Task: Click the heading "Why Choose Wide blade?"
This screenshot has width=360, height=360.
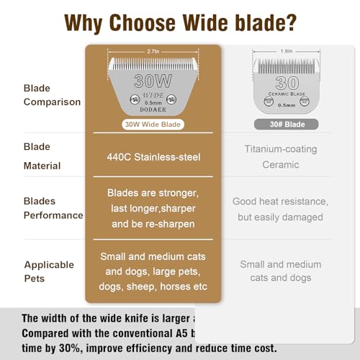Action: coord(179,22)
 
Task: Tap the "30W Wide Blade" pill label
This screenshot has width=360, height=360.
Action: coord(153,124)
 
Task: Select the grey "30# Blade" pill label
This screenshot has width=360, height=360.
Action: coord(279,124)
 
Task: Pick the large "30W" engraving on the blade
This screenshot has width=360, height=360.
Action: coord(153,81)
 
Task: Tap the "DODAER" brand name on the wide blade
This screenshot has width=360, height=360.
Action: coord(153,109)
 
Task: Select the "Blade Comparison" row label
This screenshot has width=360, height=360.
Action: coord(52,94)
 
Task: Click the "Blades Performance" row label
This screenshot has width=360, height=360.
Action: coord(53,207)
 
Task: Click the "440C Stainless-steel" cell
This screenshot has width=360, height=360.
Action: coord(153,156)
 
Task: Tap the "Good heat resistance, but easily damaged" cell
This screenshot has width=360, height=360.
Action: coord(279,207)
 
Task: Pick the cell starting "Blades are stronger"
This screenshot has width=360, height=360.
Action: coord(153,207)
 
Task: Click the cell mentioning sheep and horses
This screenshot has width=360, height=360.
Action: coord(153,271)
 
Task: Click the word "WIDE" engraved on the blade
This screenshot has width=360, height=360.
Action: coord(153,95)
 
